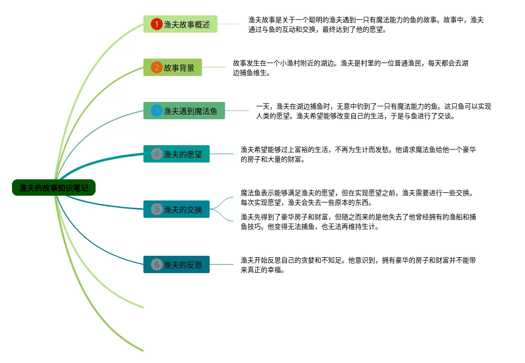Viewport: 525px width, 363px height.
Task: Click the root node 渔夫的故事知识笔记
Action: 54,188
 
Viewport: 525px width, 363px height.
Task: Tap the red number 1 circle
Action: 157,24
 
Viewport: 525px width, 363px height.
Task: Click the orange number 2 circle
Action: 157,67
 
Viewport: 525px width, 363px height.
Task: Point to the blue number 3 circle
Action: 157,111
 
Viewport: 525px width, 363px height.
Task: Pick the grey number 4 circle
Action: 157,154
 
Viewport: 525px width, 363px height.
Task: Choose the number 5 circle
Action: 157,209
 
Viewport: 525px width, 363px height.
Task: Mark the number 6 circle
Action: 157,264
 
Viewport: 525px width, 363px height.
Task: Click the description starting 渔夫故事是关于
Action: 366,25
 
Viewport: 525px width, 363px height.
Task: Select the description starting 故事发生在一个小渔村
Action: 350,68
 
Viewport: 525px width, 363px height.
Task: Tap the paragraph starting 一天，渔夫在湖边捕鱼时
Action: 373,111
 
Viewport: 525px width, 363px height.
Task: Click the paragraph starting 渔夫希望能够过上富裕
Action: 358,154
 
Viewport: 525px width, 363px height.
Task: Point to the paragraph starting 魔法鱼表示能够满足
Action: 358,197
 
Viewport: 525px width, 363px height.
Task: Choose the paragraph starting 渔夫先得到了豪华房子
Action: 358,222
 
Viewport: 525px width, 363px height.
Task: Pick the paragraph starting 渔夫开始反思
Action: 358,265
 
